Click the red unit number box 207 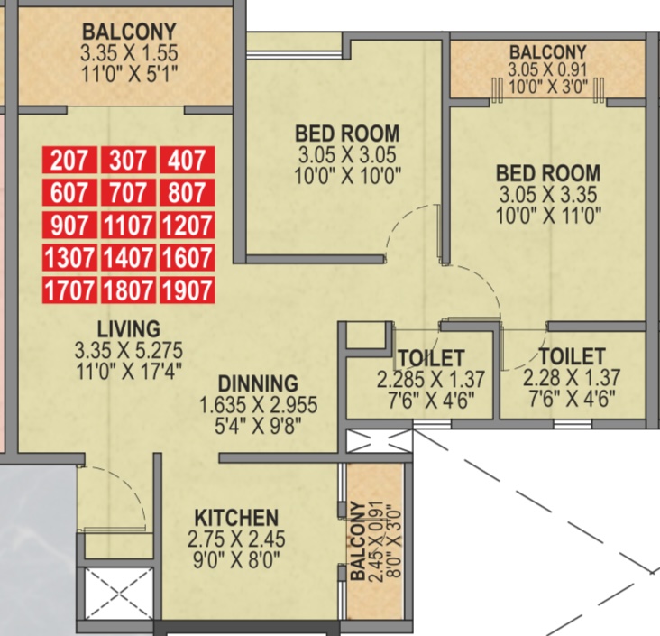click(x=69, y=160)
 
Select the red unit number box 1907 click(x=188, y=290)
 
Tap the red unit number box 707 click(x=128, y=192)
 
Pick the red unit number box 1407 click(x=128, y=257)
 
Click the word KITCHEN click(x=236, y=518)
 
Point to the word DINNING click(x=258, y=383)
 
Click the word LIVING click(x=129, y=329)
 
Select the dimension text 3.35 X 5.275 click(x=129, y=350)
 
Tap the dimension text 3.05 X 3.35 click(x=548, y=195)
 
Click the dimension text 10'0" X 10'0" click(x=347, y=176)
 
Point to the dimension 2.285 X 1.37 click(x=431, y=379)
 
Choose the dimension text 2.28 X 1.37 click(x=572, y=377)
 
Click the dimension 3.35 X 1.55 click(x=129, y=53)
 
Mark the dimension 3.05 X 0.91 click(x=547, y=69)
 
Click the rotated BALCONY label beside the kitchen click(x=358, y=541)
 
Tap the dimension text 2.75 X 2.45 click(x=236, y=539)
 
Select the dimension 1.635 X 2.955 click(x=258, y=405)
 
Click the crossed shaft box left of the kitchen click(x=120, y=594)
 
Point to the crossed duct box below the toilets click(x=379, y=441)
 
